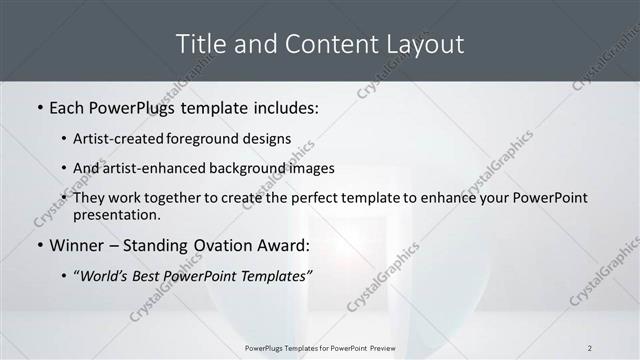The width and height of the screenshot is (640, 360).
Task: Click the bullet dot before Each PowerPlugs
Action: pos(39,105)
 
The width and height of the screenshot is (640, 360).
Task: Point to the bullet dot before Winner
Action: pos(39,245)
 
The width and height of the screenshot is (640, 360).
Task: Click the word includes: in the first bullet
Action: pos(284,105)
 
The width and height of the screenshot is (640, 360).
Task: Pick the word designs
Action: pos(267,138)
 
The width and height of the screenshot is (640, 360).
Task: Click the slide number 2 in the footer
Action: pos(590,348)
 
